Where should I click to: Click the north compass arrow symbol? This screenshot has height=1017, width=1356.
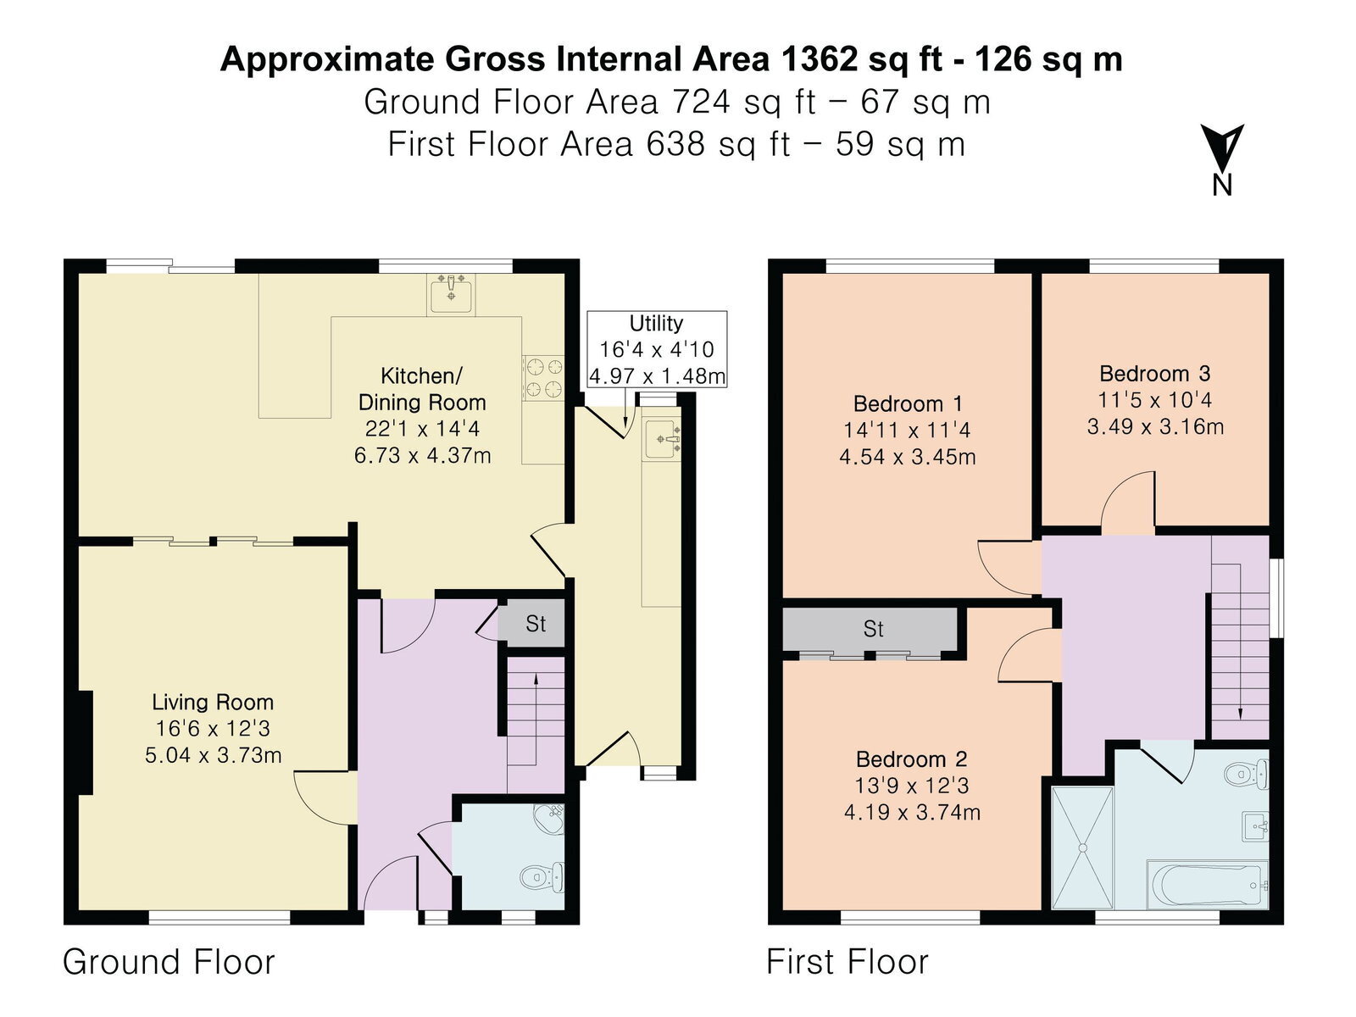(1221, 148)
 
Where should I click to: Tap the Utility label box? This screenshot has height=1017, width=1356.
(657, 349)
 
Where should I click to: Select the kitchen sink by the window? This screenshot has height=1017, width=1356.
(451, 294)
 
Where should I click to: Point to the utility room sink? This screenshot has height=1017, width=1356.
(662, 439)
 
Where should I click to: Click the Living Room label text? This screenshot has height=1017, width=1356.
(213, 702)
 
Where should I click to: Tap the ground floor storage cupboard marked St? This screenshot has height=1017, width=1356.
(535, 623)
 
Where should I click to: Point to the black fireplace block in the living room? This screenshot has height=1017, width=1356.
(85, 742)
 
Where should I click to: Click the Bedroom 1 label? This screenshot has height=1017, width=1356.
(908, 404)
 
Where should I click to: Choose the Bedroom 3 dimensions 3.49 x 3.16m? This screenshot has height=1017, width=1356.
(1154, 426)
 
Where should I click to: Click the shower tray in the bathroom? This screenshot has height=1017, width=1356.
(1082, 847)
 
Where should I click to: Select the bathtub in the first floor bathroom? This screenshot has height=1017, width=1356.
(1208, 884)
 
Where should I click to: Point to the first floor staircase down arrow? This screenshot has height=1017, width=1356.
(1240, 642)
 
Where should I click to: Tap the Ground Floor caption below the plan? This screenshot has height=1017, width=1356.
(169, 962)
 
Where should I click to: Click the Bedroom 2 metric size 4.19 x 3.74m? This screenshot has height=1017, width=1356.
(912, 812)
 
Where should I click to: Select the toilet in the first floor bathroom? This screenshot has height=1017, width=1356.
(1246, 775)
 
